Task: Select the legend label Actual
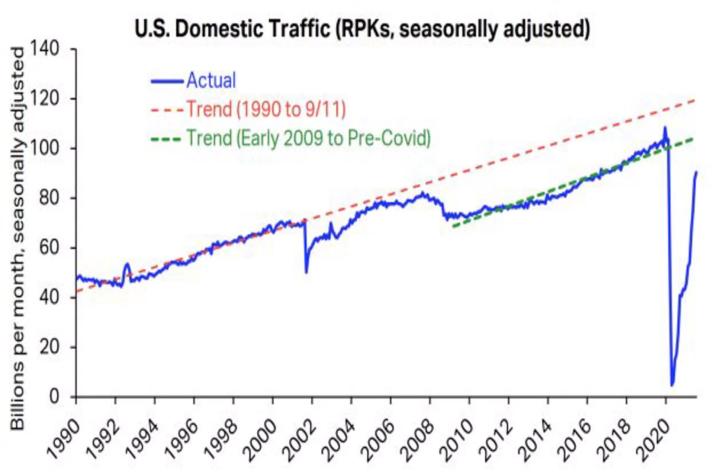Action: [x=211, y=80]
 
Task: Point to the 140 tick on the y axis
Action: [x=45, y=49]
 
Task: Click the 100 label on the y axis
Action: [x=45, y=148]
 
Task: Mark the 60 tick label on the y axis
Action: [x=49, y=247]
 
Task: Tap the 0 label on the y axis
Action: [x=54, y=396]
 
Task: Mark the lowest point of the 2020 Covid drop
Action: [x=672, y=385]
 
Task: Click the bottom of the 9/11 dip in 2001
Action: [x=306, y=273]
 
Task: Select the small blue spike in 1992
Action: [x=127, y=264]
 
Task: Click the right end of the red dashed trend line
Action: [x=695, y=100]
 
